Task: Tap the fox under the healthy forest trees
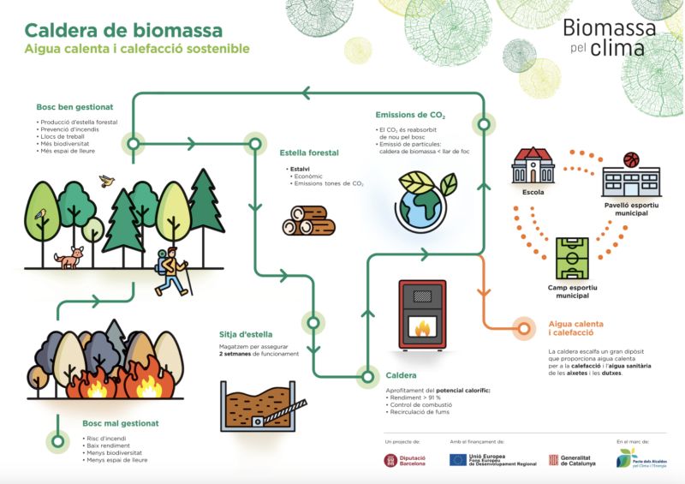[x=69, y=256]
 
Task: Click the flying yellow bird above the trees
[x=107, y=181]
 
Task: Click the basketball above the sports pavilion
[x=632, y=159]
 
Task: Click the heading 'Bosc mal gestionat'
[x=121, y=423]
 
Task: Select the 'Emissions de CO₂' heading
[x=410, y=115]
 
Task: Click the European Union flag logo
[x=458, y=460]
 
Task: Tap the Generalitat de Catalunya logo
[x=553, y=461]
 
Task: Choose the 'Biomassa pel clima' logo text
[x=610, y=38]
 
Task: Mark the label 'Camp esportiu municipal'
[x=572, y=292]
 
